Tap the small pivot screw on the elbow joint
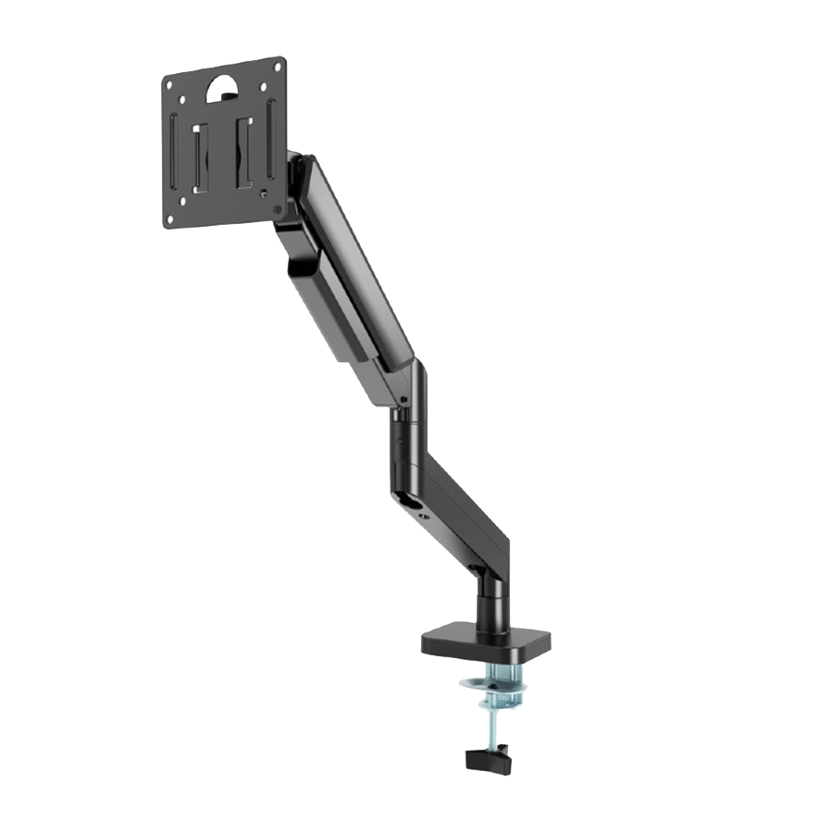pyautogui.click(x=404, y=400)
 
